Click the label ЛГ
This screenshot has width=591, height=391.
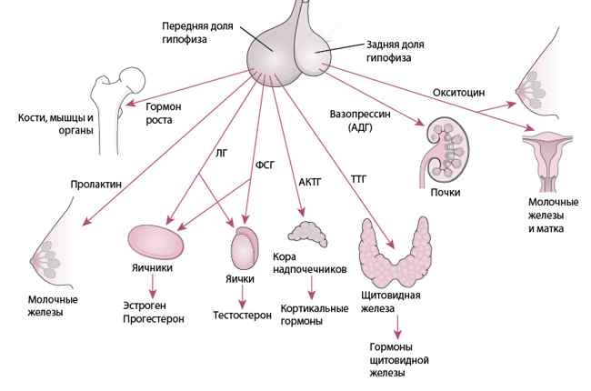[x=222, y=153]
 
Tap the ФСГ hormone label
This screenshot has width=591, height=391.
[x=265, y=165]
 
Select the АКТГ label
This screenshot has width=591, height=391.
[x=310, y=182]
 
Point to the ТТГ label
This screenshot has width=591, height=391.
[x=358, y=179]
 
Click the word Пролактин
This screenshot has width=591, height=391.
[x=96, y=185]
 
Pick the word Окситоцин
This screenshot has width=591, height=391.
[x=458, y=93]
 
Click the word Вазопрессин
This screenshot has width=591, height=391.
[x=360, y=114]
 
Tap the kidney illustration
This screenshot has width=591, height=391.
[x=445, y=151]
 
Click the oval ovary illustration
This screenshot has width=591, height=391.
[x=155, y=243]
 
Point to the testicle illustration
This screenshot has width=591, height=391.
[x=245, y=247]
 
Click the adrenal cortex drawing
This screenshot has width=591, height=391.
[x=307, y=234]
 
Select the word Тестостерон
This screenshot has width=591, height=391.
[x=243, y=316]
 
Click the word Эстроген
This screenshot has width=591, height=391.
[x=145, y=306]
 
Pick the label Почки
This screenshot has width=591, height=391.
[x=446, y=192]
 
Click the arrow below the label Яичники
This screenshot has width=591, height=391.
[x=152, y=286]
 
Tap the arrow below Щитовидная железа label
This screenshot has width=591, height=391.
[x=397, y=327]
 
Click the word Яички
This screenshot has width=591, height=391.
[x=240, y=279]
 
